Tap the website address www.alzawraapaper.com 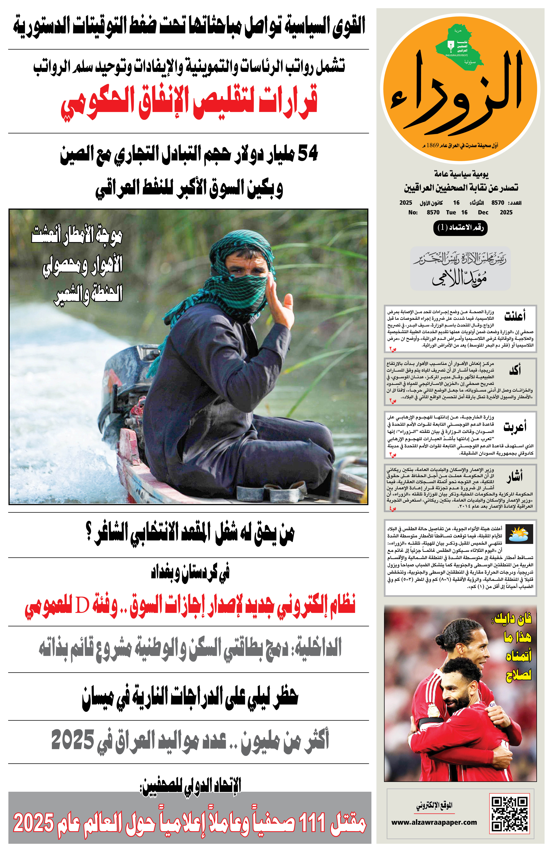[x=434, y=822]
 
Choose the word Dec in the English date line [x=483, y=212]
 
